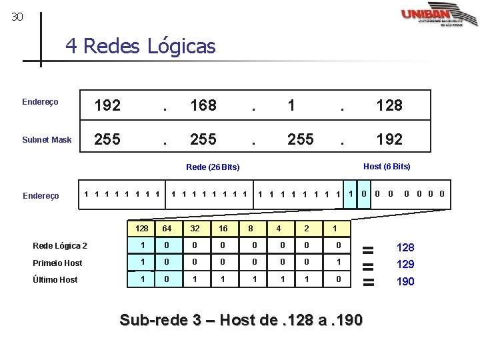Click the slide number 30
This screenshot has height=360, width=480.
pyautogui.click(x=17, y=17)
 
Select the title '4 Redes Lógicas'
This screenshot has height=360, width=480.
pyautogui.click(x=141, y=47)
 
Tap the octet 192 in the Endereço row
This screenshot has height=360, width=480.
pyautogui.click(x=107, y=105)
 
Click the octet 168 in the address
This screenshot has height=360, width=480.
pyautogui.click(x=203, y=105)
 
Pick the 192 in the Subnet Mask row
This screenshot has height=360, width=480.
pyautogui.click(x=389, y=139)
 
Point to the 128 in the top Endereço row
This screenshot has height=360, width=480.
pyautogui.click(x=389, y=105)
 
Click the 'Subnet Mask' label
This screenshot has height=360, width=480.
pyautogui.click(x=47, y=140)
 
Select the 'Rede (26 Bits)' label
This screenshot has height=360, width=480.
pyautogui.click(x=213, y=167)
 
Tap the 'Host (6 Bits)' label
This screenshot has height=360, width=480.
pyautogui.click(x=387, y=166)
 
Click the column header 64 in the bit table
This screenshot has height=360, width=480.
pyautogui.click(x=167, y=229)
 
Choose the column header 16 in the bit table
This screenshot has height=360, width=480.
pyautogui.click(x=223, y=229)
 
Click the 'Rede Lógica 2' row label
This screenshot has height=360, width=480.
pyautogui.click(x=60, y=246)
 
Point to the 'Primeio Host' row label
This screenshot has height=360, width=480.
pyautogui.click(x=57, y=263)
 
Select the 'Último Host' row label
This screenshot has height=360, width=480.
pyautogui.click(x=55, y=280)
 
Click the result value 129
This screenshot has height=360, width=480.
pyautogui.click(x=405, y=265)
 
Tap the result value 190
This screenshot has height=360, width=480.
pyautogui.click(x=405, y=282)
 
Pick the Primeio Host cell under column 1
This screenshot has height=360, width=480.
pyautogui.click(x=339, y=263)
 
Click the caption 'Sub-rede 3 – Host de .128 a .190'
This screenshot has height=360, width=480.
pyautogui.click(x=241, y=321)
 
